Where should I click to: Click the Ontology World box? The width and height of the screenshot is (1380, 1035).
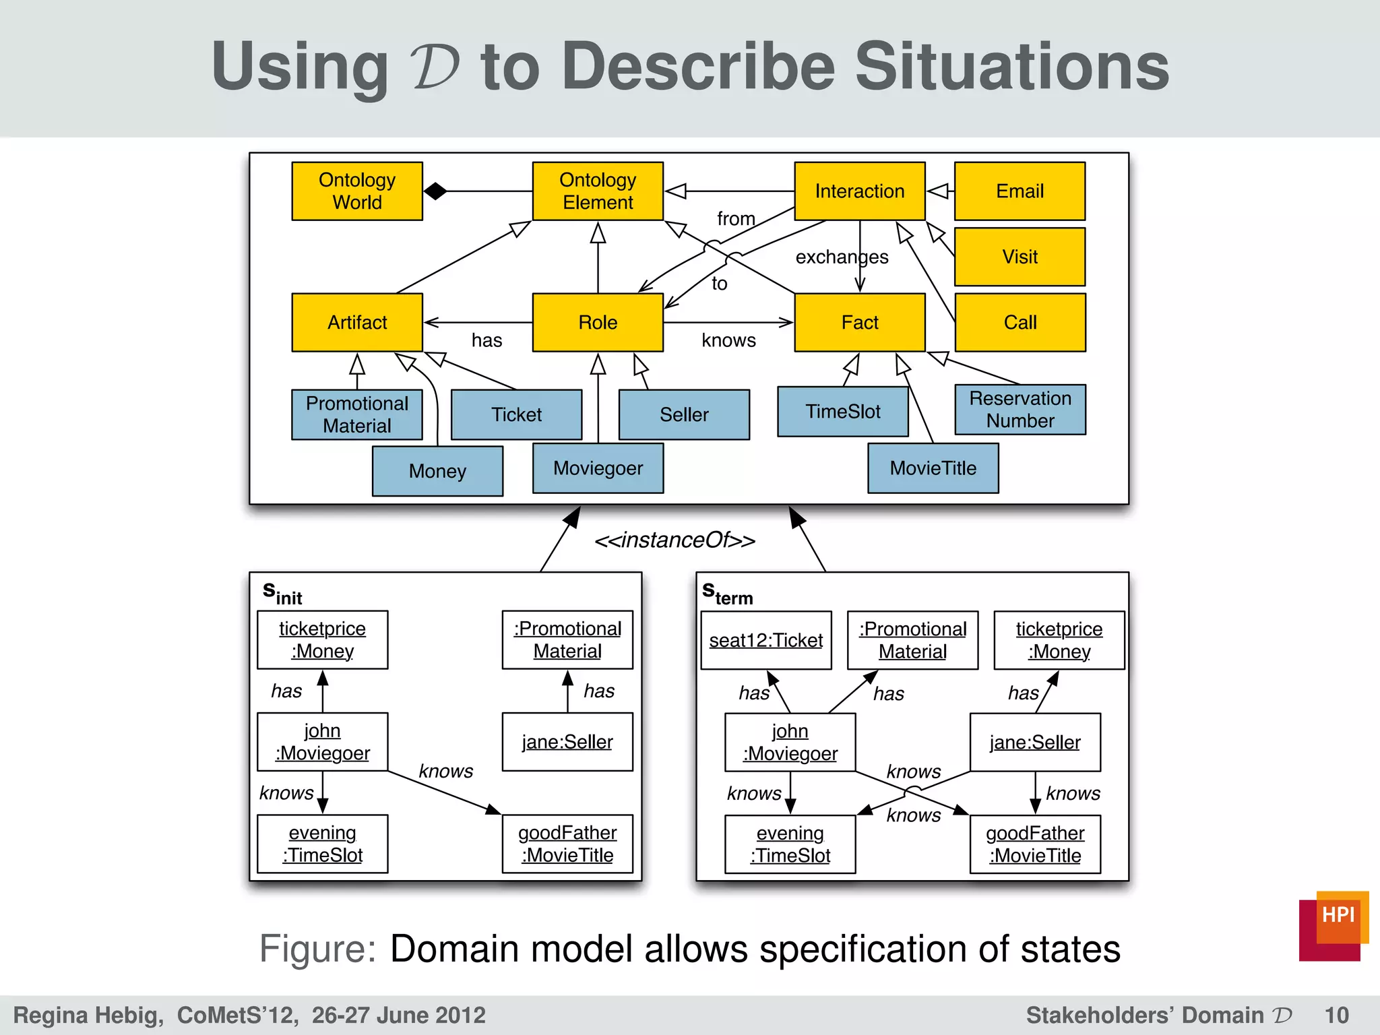(x=357, y=191)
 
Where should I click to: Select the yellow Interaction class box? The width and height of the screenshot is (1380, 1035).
(x=859, y=191)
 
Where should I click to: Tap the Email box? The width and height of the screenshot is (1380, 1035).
(x=1020, y=191)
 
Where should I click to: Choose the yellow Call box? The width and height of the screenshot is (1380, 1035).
(x=1020, y=322)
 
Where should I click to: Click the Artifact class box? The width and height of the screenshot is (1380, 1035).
(x=357, y=322)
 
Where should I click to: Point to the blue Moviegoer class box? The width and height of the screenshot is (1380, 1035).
(x=598, y=468)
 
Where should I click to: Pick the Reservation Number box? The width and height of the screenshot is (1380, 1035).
(x=1020, y=410)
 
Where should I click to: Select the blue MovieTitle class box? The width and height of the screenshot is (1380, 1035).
(x=933, y=468)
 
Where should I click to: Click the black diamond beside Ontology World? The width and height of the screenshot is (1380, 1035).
(x=435, y=191)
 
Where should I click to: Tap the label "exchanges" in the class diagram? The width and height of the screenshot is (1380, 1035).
(x=842, y=257)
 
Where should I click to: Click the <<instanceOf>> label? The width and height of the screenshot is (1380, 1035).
(x=675, y=540)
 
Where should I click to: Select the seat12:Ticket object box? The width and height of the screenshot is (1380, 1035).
(x=765, y=640)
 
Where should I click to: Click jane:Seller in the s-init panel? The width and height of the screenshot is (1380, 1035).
(x=567, y=742)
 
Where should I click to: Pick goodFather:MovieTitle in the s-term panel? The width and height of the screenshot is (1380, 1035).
(x=1035, y=844)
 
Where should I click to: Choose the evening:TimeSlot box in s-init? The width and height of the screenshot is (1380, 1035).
(x=322, y=844)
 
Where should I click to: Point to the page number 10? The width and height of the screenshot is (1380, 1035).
(x=1336, y=1015)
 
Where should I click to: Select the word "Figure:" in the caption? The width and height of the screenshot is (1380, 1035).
(x=317, y=949)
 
